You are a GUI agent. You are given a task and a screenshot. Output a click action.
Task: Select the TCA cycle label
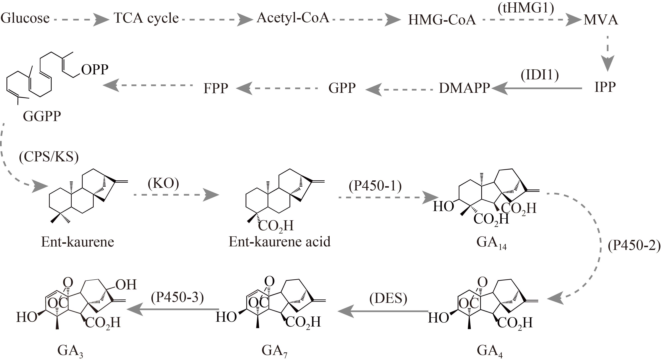[x=146, y=18]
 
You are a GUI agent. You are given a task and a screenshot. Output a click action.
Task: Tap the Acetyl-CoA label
[x=293, y=18]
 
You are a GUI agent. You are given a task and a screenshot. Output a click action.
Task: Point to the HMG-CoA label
[x=442, y=20]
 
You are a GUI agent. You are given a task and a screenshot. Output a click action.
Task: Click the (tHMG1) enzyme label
[x=526, y=8]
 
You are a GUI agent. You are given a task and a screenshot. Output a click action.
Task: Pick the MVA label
[x=601, y=20]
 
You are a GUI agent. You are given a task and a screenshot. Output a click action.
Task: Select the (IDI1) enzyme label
[x=540, y=76]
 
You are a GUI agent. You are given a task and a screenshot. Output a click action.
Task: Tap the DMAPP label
[x=464, y=88]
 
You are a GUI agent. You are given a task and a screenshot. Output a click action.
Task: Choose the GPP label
[x=342, y=88]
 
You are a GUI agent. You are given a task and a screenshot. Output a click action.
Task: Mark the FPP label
[x=216, y=88]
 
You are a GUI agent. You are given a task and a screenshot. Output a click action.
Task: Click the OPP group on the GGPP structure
[x=95, y=69]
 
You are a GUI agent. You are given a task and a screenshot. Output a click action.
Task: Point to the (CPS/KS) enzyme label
[x=49, y=157]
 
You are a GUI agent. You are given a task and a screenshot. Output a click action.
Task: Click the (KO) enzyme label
[x=163, y=183]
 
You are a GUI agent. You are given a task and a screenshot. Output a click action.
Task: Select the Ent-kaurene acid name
[x=280, y=242]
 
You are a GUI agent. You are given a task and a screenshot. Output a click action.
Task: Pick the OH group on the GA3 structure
[x=126, y=285]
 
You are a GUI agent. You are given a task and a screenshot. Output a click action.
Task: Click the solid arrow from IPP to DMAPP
[x=536, y=88]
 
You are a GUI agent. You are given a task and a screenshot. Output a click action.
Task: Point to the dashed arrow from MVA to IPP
[x=608, y=54]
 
